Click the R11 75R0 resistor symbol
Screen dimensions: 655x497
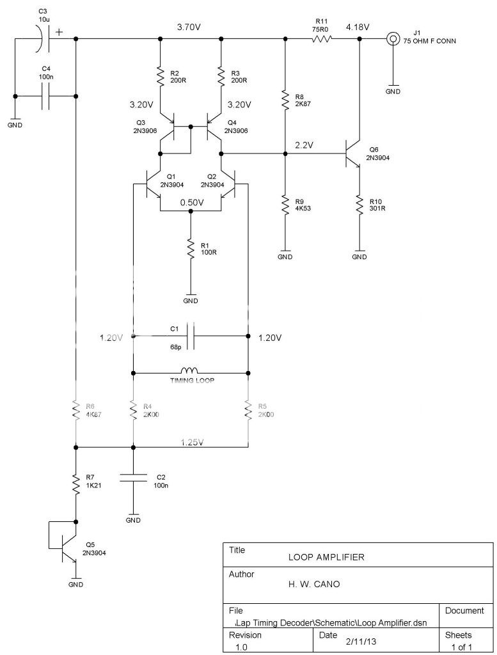322,39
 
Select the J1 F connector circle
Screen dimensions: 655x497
393,39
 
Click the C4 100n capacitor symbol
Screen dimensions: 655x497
45,97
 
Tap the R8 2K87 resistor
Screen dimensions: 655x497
285,100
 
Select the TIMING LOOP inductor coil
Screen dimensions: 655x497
190,370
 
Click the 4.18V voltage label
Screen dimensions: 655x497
358,28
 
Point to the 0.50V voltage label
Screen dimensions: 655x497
191,202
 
